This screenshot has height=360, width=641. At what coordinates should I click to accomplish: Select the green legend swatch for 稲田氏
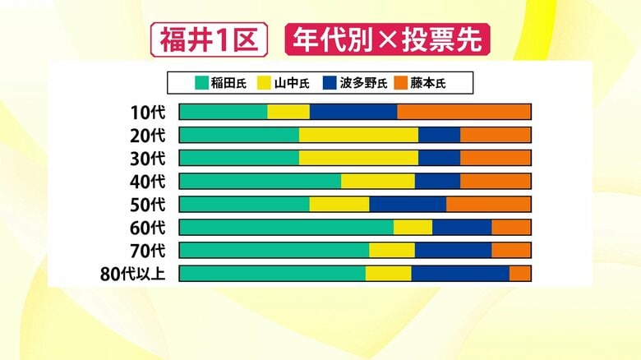pyautogui.click(x=200, y=82)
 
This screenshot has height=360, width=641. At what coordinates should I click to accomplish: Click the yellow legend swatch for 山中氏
pyautogui.click(x=265, y=82)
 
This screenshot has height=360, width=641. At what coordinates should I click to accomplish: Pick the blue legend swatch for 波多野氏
pyautogui.click(x=328, y=82)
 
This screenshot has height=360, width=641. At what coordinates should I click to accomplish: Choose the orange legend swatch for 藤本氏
pyautogui.click(x=401, y=82)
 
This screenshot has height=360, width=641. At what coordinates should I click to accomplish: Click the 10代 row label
pyautogui.click(x=147, y=113)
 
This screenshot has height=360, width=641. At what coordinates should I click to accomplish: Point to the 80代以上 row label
pyautogui.click(x=133, y=274)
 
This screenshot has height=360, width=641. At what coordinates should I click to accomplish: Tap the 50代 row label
pyautogui.click(x=147, y=205)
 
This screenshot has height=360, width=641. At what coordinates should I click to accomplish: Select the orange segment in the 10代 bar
pyautogui.click(x=463, y=112)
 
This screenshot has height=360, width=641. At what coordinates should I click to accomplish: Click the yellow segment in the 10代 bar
pyautogui.click(x=288, y=112)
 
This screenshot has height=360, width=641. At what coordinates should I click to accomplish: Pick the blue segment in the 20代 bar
pyautogui.click(x=439, y=135)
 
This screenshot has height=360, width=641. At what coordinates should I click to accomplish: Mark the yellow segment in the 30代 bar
pyautogui.click(x=358, y=158)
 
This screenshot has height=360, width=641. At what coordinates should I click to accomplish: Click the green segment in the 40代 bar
pyautogui.click(x=260, y=181)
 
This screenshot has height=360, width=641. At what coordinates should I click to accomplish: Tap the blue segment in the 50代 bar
pyautogui.click(x=408, y=204)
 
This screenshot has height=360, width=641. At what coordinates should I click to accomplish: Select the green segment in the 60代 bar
pyautogui.click(x=286, y=227)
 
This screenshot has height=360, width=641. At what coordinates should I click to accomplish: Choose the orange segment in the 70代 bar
pyautogui.click(x=511, y=250)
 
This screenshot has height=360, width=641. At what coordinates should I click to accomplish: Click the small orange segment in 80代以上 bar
pyautogui.click(x=519, y=273)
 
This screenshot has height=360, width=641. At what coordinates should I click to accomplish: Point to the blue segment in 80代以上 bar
pyautogui.click(x=460, y=273)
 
